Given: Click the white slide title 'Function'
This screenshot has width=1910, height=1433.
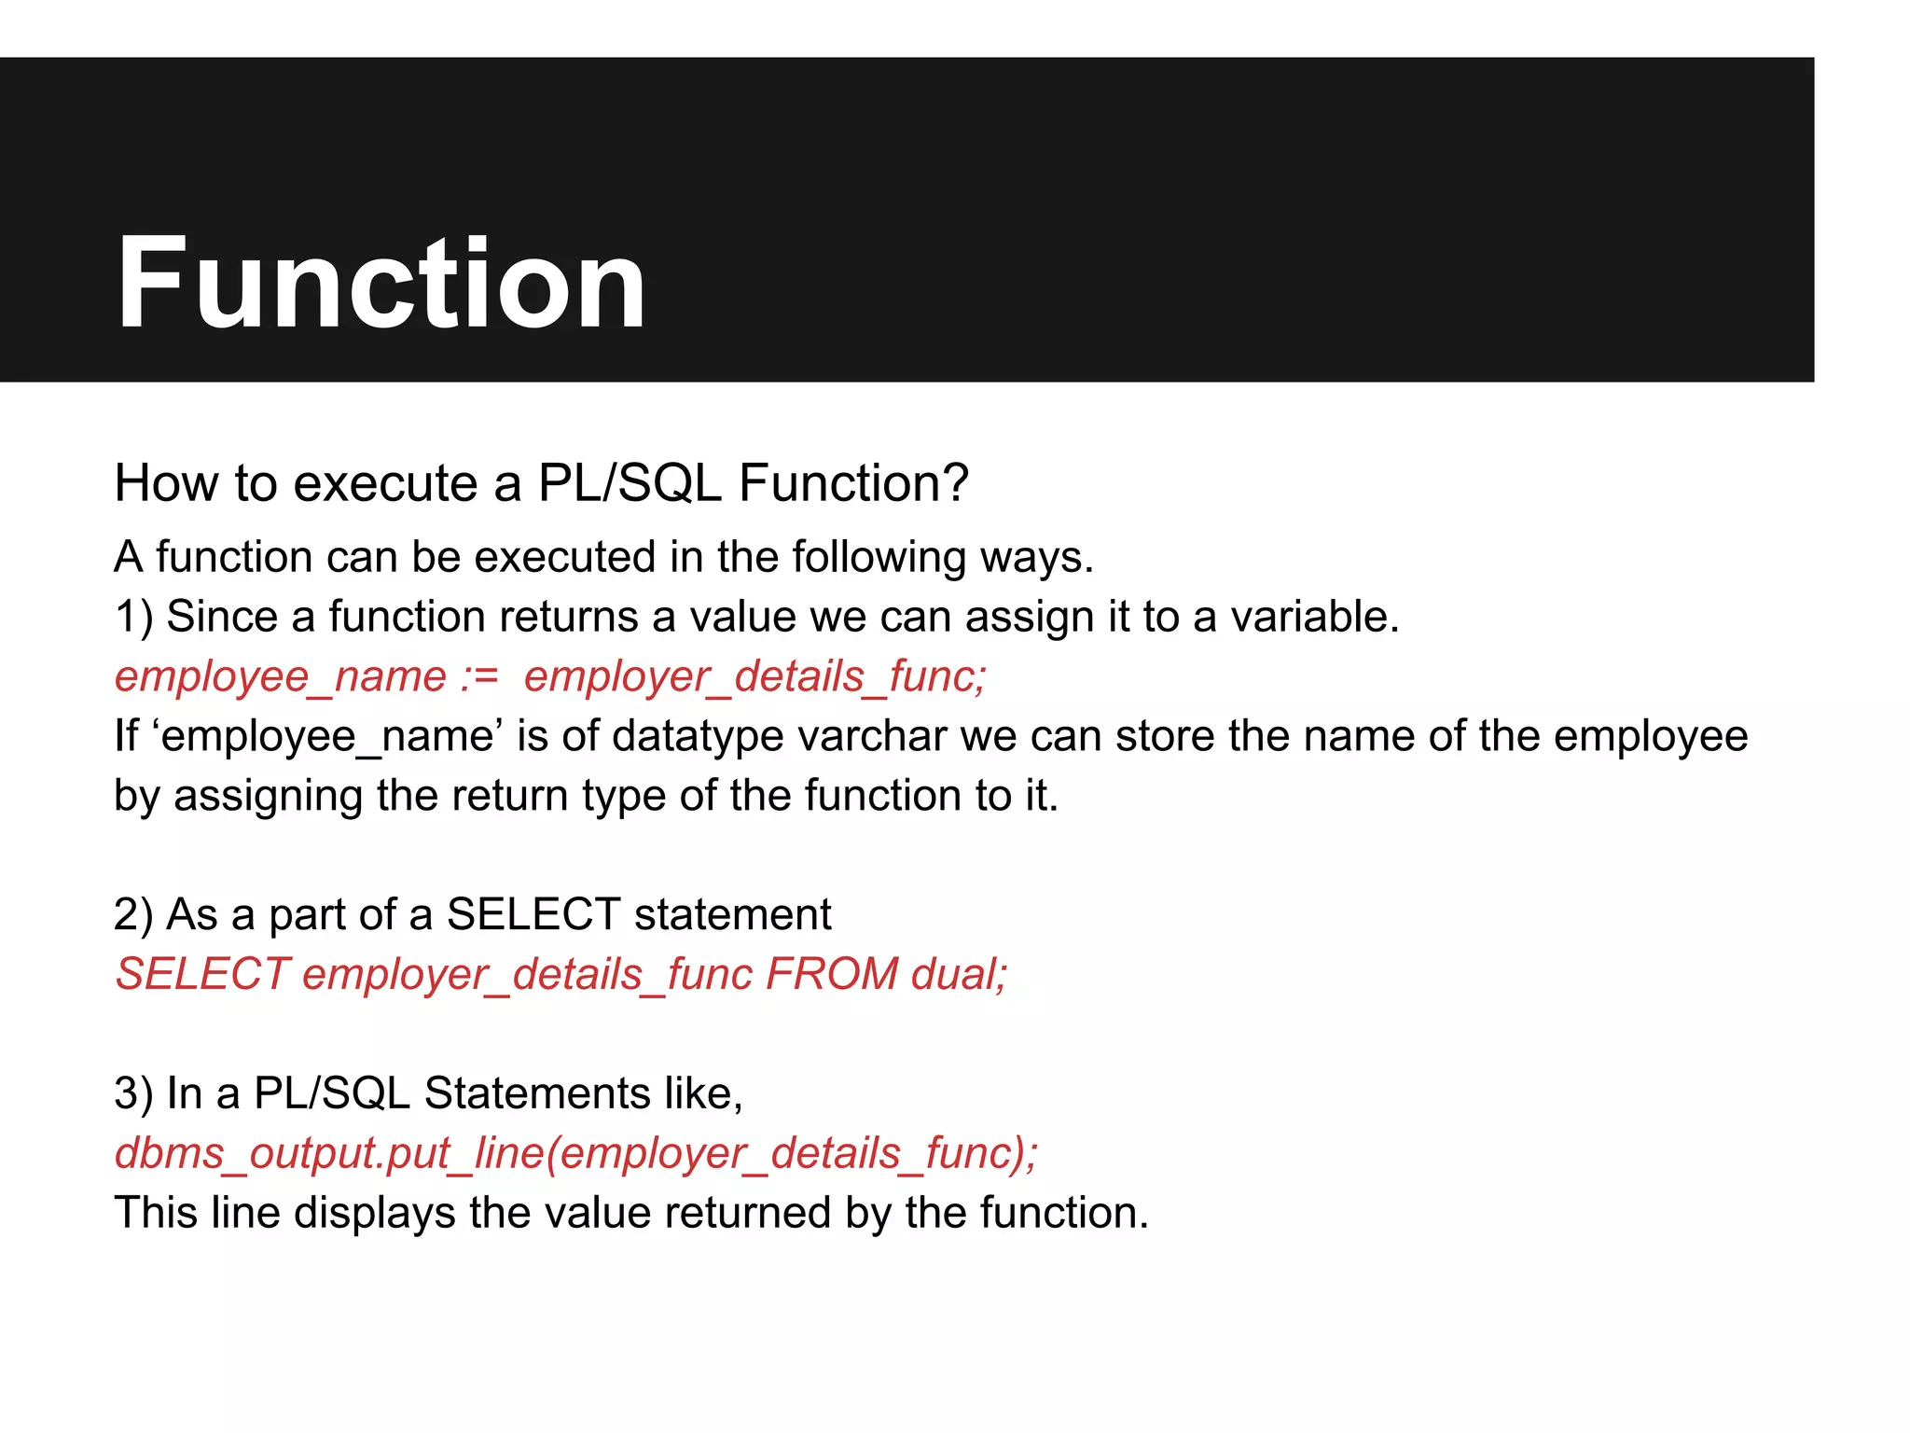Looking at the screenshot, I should [x=381, y=283].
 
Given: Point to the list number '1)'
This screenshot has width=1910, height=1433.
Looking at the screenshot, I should [x=133, y=618].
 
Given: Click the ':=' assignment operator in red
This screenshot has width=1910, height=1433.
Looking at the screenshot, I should [x=479, y=677].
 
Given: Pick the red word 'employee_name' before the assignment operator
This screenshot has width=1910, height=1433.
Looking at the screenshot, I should [x=280, y=677].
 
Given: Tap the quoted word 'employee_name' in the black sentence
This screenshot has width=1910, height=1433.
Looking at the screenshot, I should [x=327, y=737].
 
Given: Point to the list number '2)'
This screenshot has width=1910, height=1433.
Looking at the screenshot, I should [x=133, y=915].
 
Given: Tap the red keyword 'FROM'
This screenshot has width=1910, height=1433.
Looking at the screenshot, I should [x=832, y=975].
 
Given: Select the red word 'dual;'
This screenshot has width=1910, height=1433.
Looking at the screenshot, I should [x=960, y=975].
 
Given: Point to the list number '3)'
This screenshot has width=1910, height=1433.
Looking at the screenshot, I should [x=133, y=1093].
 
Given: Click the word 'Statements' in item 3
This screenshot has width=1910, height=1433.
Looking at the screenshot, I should [x=536, y=1093].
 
